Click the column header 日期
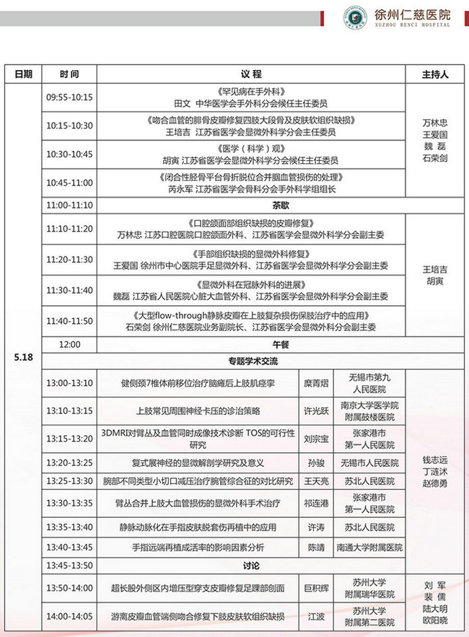(22, 74)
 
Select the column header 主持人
(434, 74)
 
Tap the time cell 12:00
(69, 344)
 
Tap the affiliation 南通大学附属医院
(369, 548)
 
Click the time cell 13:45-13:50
(69, 565)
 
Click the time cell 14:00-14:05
(69, 617)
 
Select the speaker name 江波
(315, 617)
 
